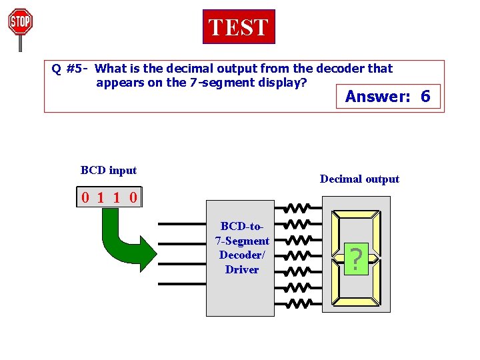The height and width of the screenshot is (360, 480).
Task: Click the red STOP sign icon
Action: [x=20, y=23]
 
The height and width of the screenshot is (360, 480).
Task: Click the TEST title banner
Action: [x=238, y=27]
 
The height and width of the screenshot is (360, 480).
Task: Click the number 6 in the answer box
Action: [x=425, y=97]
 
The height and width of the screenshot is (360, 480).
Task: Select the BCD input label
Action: [x=108, y=170]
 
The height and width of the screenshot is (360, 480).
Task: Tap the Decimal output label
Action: [x=359, y=179]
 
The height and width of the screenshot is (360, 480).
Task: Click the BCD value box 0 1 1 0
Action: [x=109, y=197]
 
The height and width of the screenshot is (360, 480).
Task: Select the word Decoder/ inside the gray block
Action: [x=242, y=255]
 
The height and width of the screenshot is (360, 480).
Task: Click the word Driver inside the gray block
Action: [x=242, y=269]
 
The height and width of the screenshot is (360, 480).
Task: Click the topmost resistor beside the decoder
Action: [x=297, y=207]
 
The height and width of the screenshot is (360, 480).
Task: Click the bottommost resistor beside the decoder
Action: [x=297, y=303]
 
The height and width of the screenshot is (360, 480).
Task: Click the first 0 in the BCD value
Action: [x=86, y=197]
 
